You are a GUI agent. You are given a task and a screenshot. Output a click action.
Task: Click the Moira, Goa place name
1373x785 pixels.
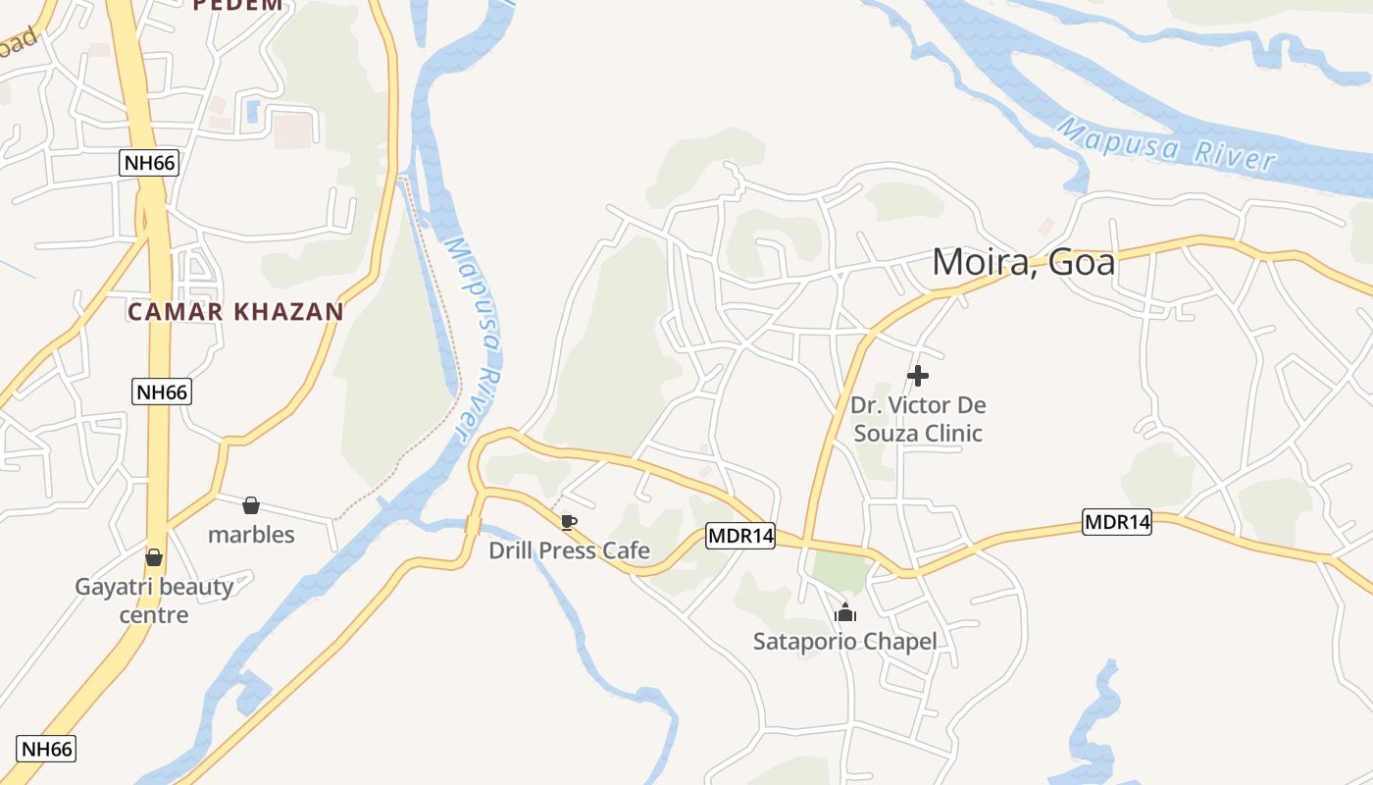click(x=1023, y=262)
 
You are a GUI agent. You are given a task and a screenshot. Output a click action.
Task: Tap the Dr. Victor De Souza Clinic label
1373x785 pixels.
click(x=917, y=419)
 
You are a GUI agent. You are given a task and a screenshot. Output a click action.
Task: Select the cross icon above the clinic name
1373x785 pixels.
click(x=918, y=376)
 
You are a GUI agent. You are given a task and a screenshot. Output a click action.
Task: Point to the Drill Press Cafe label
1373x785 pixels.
click(x=569, y=550)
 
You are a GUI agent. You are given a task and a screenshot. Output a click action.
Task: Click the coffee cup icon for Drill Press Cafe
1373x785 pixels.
click(x=568, y=522)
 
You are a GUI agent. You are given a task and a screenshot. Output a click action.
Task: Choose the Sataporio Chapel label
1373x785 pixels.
click(x=844, y=642)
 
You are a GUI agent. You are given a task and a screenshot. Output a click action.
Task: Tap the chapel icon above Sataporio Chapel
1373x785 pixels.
click(x=845, y=613)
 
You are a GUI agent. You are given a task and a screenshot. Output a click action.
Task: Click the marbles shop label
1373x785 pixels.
click(x=251, y=535)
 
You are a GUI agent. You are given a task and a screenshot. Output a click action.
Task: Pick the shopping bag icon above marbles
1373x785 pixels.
click(x=251, y=505)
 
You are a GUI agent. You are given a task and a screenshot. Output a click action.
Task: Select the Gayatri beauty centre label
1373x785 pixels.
click(x=154, y=601)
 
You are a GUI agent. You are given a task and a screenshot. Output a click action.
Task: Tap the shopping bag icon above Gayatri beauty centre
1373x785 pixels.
click(x=154, y=557)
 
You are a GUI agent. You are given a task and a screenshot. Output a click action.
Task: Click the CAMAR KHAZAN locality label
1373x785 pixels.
click(x=235, y=312)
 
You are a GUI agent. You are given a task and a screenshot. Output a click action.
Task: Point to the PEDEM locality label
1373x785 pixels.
click(x=237, y=5)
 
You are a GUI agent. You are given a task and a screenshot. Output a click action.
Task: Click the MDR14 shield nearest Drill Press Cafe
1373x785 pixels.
click(x=740, y=537)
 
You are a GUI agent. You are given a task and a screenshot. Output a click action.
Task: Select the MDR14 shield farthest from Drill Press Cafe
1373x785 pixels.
click(x=1117, y=522)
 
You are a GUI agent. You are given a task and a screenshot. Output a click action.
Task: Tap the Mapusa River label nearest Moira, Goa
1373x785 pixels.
click(x=1167, y=145)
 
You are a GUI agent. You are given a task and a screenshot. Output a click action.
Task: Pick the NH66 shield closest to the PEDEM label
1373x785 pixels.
click(x=149, y=163)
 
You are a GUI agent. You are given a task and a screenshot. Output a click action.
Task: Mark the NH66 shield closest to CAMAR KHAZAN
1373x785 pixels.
click(x=162, y=392)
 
